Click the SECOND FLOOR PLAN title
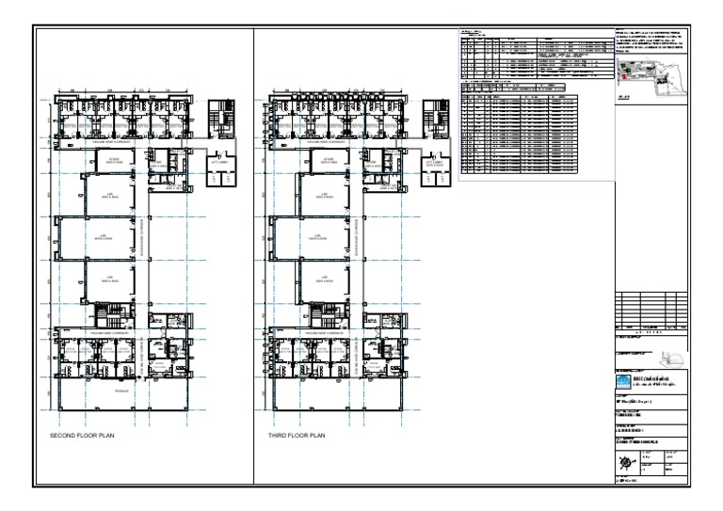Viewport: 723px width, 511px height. (x=83, y=437)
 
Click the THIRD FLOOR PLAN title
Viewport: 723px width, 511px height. (x=297, y=437)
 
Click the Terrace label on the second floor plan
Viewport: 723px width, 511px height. (x=120, y=390)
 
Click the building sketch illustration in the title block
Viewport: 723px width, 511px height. (x=671, y=358)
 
